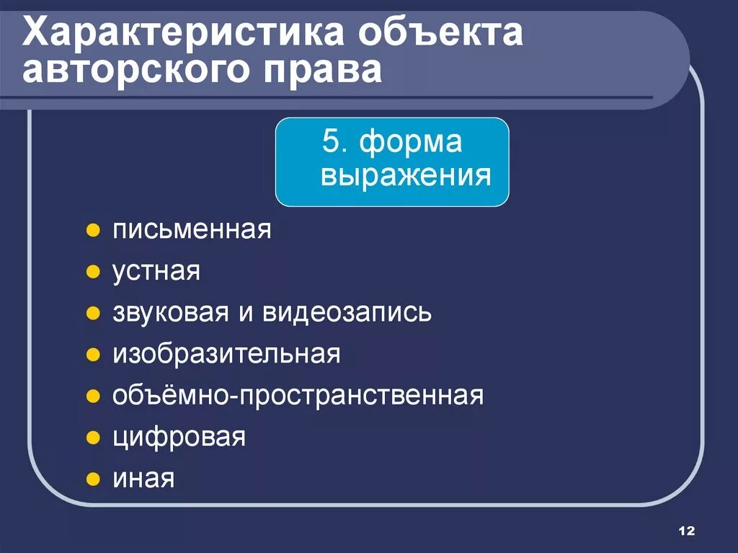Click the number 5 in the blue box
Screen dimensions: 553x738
pyautogui.click(x=330, y=142)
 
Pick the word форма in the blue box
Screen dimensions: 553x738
pyautogui.click(x=411, y=142)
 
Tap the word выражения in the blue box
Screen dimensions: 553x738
pyautogui.click(x=406, y=175)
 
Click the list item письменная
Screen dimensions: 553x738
pyautogui.click(x=192, y=231)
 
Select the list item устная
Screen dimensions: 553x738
pyautogui.click(x=156, y=273)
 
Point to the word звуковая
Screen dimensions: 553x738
pyautogui.click(x=167, y=313)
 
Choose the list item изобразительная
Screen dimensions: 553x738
pyautogui.click(x=226, y=354)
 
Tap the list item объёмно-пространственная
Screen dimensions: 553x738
pyautogui.click(x=298, y=396)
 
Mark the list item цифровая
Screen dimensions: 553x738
pyautogui.click(x=179, y=437)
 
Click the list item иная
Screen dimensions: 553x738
pyautogui.click(x=143, y=479)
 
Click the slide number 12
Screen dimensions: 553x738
pyautogui.click(x=686, y=531)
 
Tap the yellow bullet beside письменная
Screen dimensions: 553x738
pyautogui.click(x=92, y=232)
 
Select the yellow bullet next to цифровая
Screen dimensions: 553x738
pyautogui.click(x=92, y=438)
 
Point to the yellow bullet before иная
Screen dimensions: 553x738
pyautogui.click(x=92, y=479)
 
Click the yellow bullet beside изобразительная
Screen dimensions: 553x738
pyautogui.click(x=92, y=355)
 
